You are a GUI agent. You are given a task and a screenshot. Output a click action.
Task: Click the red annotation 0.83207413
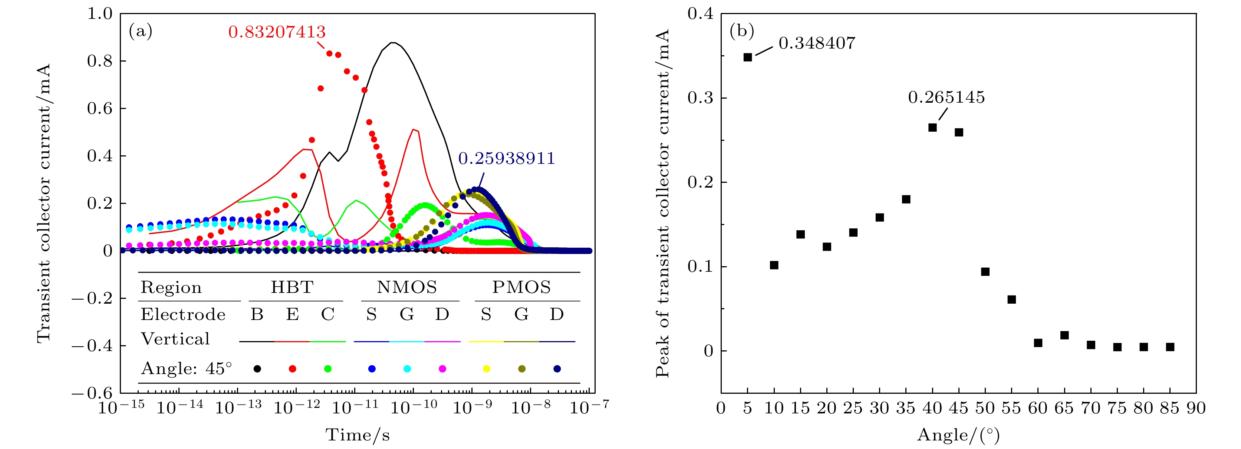pyautogui.click(x=277, y=32)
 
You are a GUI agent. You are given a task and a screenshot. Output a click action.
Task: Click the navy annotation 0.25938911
pyautogui.click(x=506, y=158)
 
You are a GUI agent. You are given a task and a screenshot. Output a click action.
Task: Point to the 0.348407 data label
pyautogui.click(x=817, y=43)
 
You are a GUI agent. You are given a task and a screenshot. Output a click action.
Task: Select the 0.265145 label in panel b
pyautogui.click(x=946, y=98)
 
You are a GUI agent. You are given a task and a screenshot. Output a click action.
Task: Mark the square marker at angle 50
pyautogui.click(x=985, y=272)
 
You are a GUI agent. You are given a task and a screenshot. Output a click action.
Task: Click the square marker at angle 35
pyautogui.click(x=906, y=199)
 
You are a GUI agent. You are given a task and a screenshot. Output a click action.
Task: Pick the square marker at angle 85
pyautogui.click(x=1170, y=347)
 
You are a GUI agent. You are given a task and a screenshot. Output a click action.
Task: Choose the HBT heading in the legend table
pyautogui.click(x=292, y=287)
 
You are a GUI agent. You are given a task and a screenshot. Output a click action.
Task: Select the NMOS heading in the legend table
pyautogui.click(x=406, y=287)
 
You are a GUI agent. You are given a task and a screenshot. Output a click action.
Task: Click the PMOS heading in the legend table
pyautogui.click(x=521, y=287)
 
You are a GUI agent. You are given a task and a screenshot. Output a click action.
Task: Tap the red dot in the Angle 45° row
pyautogui.click(x=292, y=369)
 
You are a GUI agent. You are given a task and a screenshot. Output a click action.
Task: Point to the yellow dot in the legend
pyautogui.click(x=487, y=369)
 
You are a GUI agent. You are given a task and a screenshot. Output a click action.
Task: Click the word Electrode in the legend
pyautogui.click(x=183, y=314)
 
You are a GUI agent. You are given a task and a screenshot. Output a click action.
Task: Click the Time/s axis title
pyautogui.click(x=358, y=435)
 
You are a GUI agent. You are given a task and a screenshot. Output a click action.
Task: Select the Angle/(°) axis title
pyautogui.click(x=958, y=435)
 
